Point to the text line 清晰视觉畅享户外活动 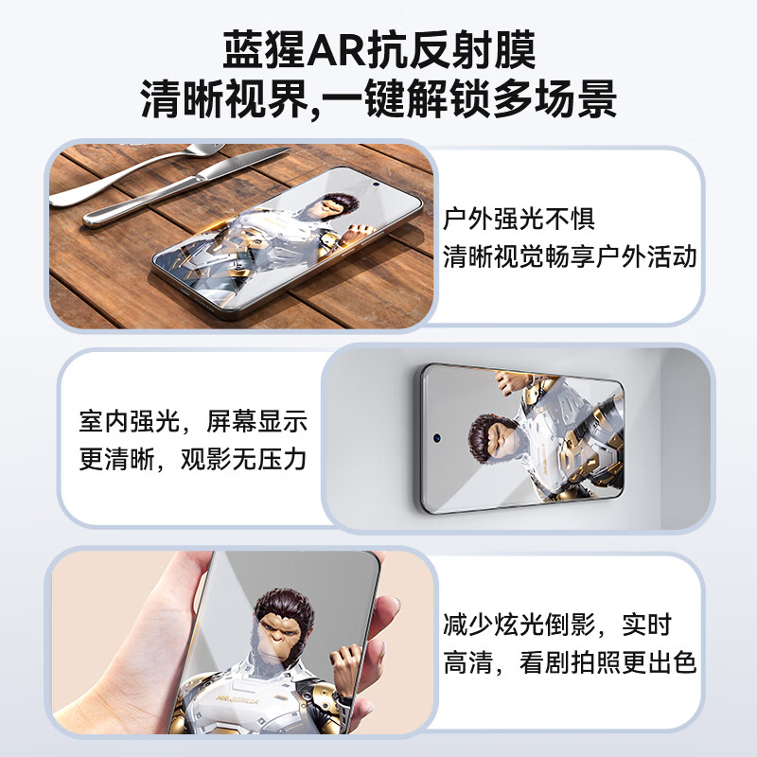tap(570, 255)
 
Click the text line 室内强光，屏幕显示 tap(193, 422)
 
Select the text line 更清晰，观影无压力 tap(193, 460)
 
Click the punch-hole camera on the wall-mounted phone tap(438, 439)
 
